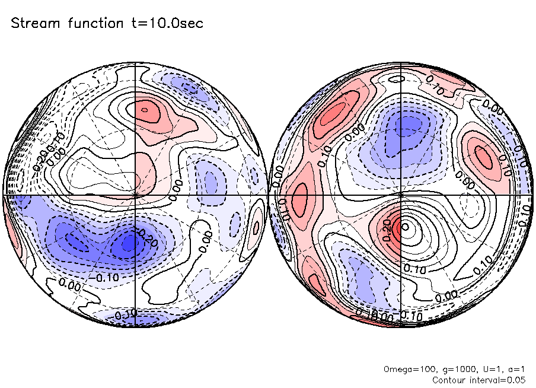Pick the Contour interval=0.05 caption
(478, 380)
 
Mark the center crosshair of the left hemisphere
(136, 194)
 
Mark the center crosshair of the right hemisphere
(401, 194)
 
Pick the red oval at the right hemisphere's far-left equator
(300, 196)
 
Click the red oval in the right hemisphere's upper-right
(484, 157)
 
